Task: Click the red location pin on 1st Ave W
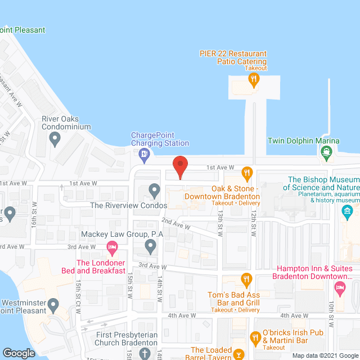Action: (179, 167)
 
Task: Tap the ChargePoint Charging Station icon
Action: (145, 154)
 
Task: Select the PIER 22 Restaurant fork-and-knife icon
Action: (254, 79)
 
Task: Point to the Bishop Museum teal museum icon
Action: (347, 211)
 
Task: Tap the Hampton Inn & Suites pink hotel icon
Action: (339, 289)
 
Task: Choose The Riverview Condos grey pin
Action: (154, 190)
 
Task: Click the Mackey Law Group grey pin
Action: (150, 245)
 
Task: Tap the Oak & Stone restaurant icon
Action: (246, 173)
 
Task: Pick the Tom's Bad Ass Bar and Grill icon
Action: (246, 278)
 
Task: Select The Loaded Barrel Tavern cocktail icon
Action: (238, 354)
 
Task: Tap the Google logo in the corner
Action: (19, 353)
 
